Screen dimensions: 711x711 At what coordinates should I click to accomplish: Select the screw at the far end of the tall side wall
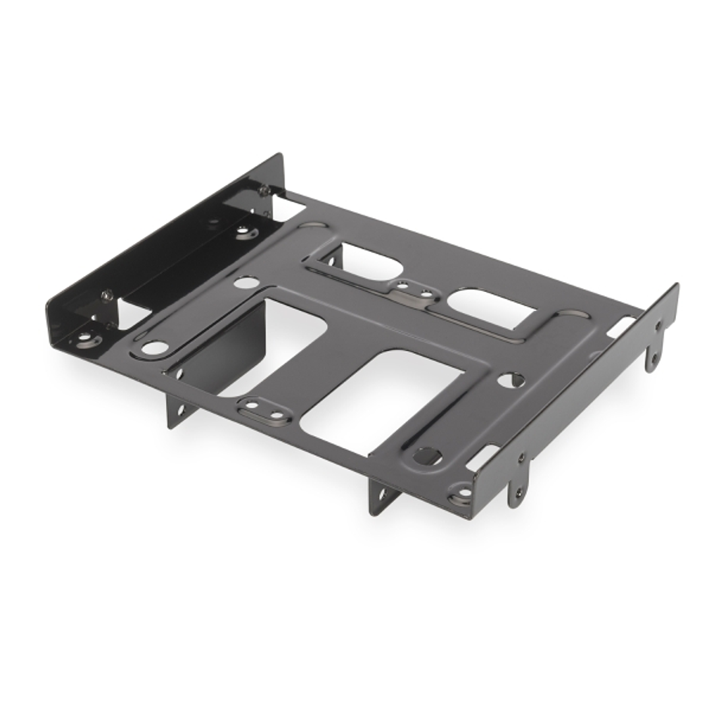264,190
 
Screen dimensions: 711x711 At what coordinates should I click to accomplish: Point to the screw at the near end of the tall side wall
107,295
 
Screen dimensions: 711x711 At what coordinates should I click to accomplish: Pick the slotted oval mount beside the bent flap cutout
264,411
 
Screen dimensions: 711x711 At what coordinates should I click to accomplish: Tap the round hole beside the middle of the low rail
511,380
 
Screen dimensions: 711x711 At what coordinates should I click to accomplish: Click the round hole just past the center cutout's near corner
426,455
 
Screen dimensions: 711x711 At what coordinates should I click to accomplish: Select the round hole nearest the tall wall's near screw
154,347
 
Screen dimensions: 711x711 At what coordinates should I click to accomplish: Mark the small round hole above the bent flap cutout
246,283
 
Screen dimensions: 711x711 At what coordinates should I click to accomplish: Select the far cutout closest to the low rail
491,308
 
